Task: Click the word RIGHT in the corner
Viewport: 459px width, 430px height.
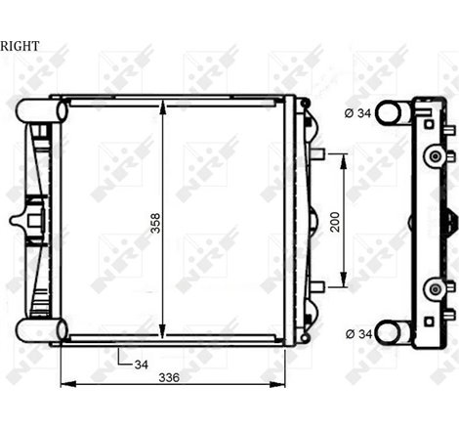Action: coord(21,45)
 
